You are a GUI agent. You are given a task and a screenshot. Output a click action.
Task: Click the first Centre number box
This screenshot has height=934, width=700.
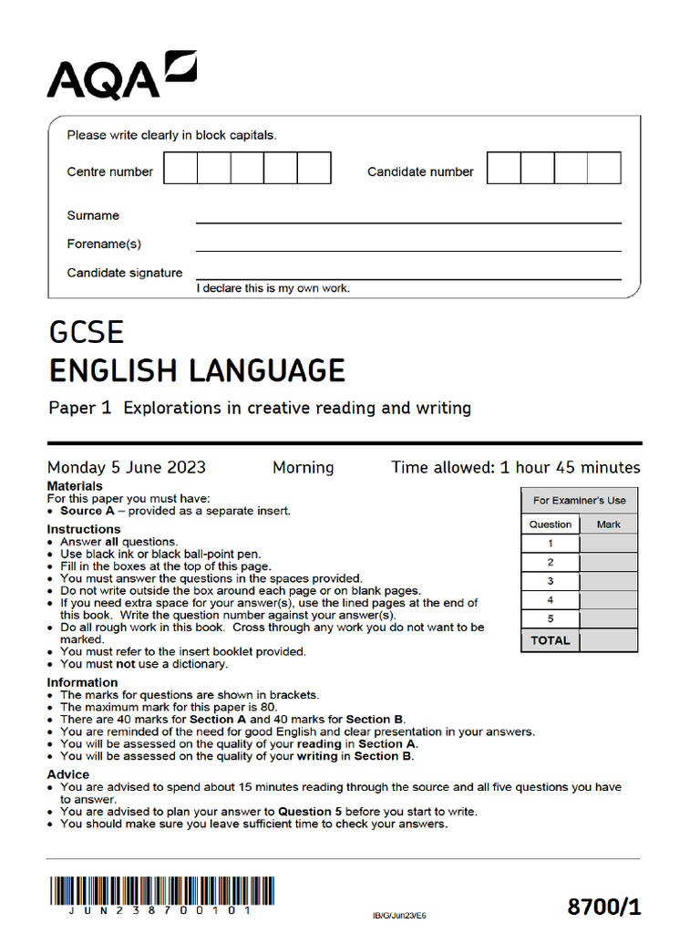point(180,169)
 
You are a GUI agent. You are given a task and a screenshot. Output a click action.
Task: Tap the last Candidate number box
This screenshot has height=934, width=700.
point(603,169)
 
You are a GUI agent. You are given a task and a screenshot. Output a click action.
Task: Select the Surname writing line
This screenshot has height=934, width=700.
point(408,217)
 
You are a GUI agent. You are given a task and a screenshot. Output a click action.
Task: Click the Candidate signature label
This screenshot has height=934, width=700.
point(125,273)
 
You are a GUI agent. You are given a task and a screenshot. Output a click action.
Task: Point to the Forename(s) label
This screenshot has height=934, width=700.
point(104,244)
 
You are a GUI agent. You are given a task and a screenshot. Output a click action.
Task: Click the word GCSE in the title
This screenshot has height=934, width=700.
point(86,331)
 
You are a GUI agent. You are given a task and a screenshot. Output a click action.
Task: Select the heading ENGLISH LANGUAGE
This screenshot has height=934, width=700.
point(197,371)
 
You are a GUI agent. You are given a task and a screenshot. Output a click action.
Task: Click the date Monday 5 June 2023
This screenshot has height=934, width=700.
point(127,468)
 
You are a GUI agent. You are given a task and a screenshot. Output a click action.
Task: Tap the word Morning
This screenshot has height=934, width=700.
point(303,468)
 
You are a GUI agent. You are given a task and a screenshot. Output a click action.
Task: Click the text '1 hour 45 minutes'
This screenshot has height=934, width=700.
point(570,468)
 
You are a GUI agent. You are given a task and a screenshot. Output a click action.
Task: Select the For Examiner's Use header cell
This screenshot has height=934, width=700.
point(579,500)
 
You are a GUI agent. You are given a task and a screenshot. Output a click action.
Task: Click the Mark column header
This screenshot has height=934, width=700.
point(608,524)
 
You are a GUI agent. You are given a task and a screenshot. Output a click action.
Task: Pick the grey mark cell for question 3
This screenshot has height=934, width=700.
point(608,581)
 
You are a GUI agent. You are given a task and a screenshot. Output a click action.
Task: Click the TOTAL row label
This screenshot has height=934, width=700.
point(550,640)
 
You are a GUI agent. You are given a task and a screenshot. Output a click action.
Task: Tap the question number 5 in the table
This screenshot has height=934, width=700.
point(550,619)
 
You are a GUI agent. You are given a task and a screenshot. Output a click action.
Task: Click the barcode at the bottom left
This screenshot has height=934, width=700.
point(161,890)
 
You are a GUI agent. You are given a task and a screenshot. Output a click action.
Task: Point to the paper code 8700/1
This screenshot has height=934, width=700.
point(604,907)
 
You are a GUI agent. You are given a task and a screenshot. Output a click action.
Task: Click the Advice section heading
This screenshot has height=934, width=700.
point(68,774)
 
